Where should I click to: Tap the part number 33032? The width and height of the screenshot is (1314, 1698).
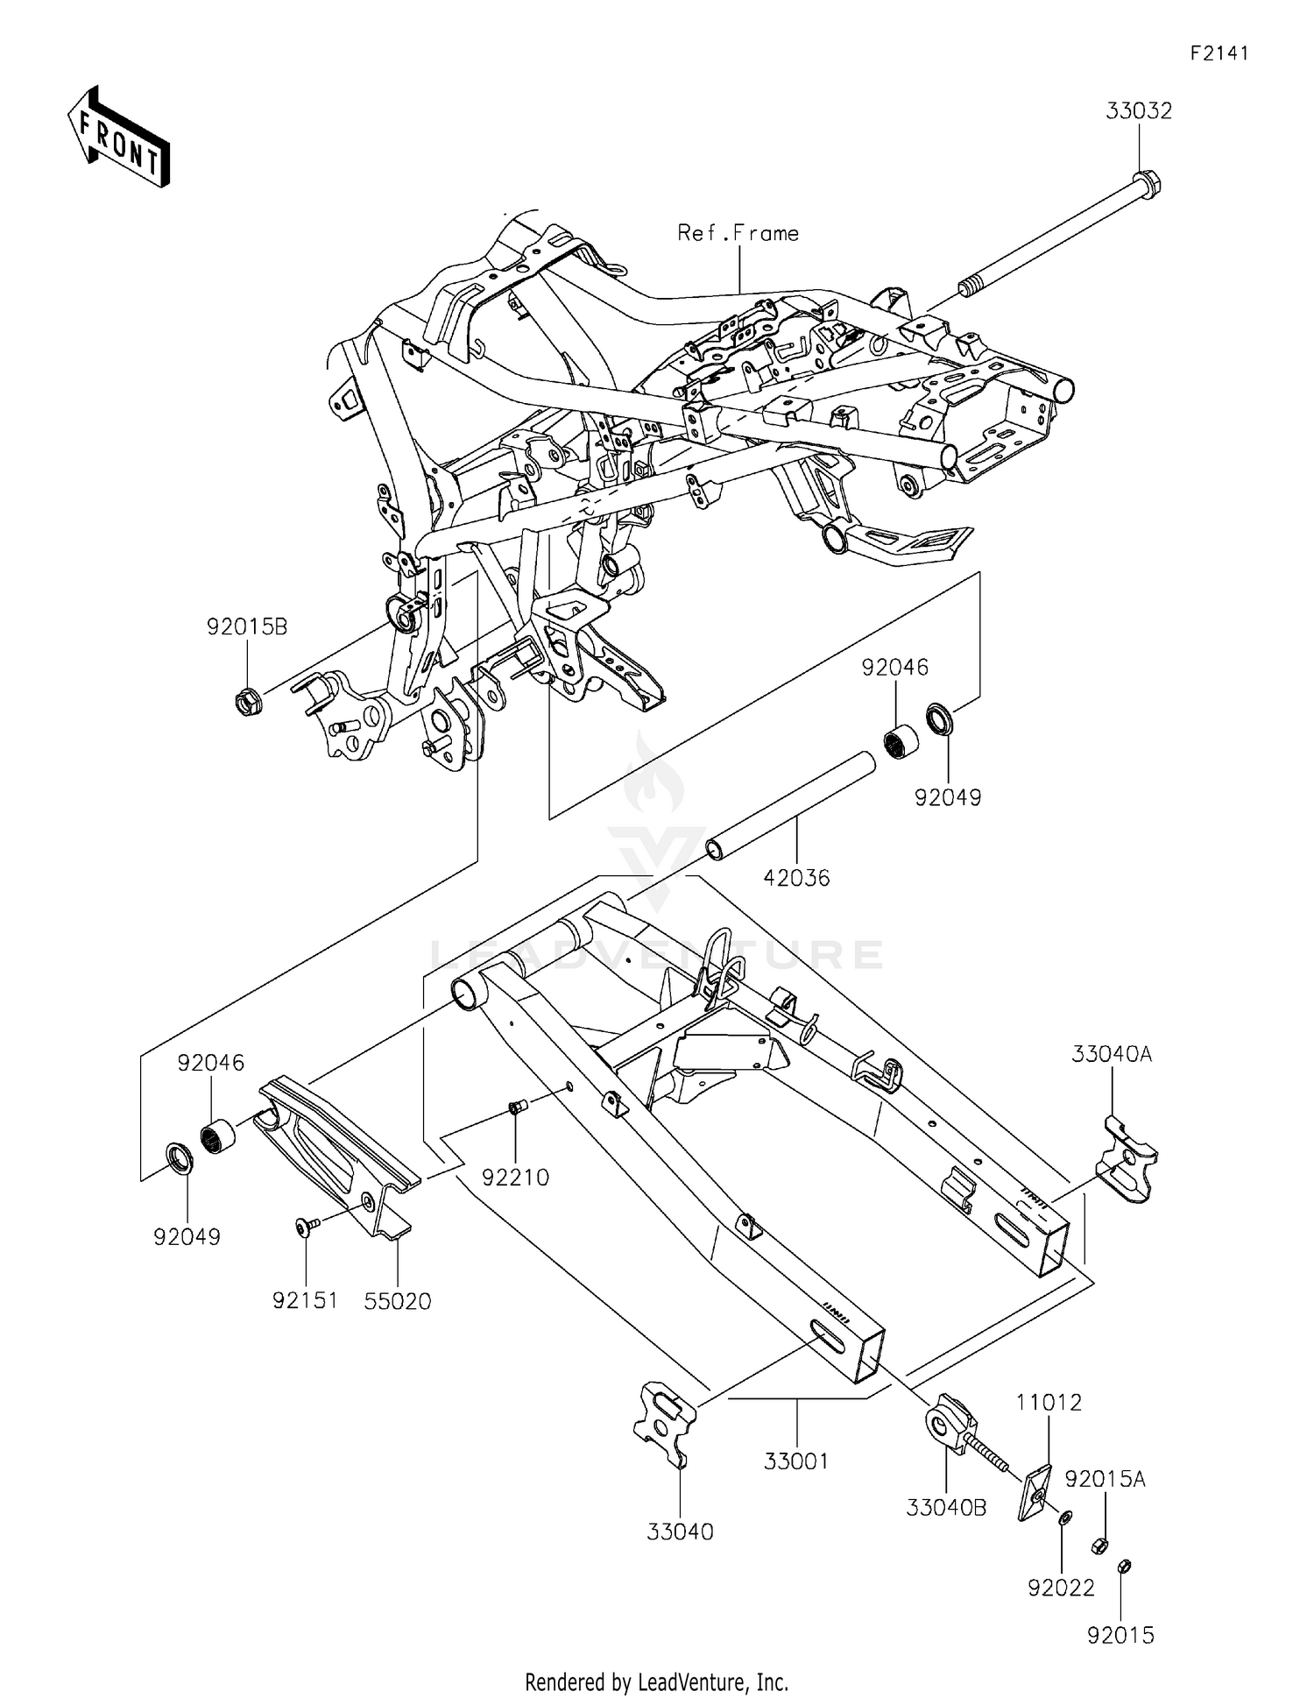pos(1138,111)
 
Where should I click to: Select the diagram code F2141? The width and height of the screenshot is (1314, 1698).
pos(1219,53)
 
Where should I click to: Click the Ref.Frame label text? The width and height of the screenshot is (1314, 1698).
pos(738,233)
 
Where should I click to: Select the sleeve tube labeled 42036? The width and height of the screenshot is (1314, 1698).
pos(790,803)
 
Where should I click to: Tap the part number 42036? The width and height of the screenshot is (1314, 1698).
pos(795,878)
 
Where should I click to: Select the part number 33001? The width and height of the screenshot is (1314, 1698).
pos(795,1461)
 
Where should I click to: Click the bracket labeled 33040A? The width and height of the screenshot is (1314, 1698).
pos(1127,1158)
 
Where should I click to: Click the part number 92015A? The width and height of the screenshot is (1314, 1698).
pos(1105,1479)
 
